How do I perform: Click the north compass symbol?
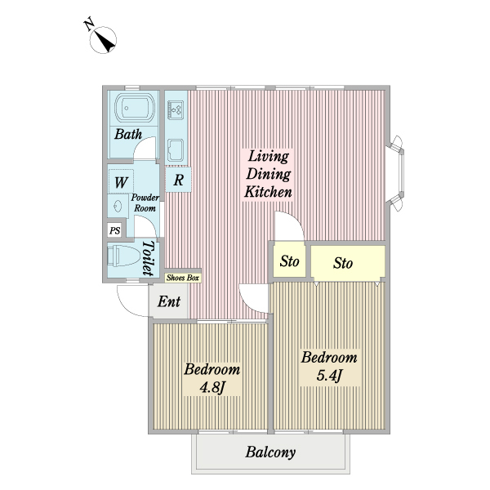(103, 40)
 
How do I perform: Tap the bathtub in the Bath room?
(135, 109)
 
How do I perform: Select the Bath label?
(128, 134)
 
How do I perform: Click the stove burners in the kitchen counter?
(175, 110)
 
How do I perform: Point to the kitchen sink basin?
(176, 150)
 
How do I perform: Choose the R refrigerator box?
(178, 180)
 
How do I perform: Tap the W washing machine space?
(121, 181)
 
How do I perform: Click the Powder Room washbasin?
(118, 207)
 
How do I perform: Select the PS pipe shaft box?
(114, 230)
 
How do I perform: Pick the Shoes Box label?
(182, 278)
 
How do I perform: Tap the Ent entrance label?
(169, 301)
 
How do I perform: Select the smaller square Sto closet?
(289, 261)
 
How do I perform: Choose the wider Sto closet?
(348, 263)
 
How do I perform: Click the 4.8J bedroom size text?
(212, 387)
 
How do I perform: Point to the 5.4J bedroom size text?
(329, 375)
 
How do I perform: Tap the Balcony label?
(270, 452)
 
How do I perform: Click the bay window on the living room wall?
(395, 173)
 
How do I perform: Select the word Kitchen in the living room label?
(268, 192)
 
